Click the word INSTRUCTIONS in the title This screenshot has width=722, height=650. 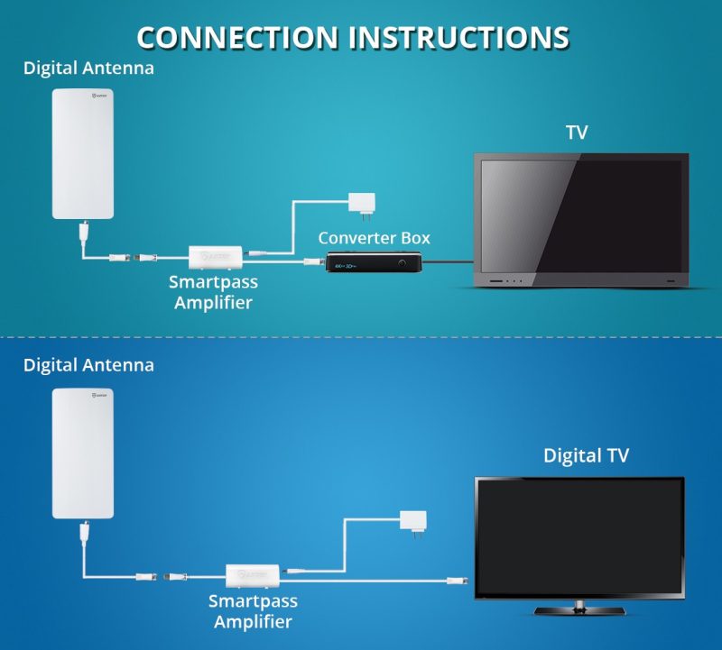[x=459, y=37]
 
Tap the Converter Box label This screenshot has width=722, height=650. [x=374, y=238]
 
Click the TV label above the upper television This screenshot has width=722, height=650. [x=577, y=133]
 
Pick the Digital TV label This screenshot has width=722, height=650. [x=586, y=455]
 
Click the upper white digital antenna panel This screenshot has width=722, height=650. [x=82, y=153]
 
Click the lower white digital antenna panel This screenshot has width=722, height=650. [x=82, y=453]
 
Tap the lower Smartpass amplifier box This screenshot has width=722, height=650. [x=254, y=574]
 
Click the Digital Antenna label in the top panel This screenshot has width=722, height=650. [x=88, y=68]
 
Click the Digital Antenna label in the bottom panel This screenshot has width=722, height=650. [x=88, y=365]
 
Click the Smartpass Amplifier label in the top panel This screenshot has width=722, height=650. [x=214, y=292]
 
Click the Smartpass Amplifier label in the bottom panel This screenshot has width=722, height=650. [x=253, y=610]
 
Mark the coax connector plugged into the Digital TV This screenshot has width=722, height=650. [x=459, y=581]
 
